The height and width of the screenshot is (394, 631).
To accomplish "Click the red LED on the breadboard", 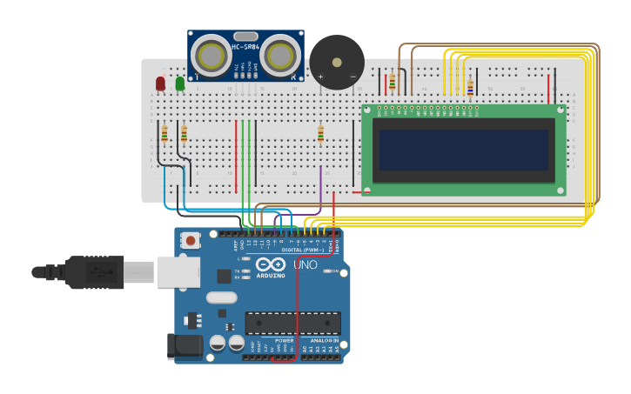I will [160, 83].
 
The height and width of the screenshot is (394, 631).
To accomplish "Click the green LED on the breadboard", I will [180, 83].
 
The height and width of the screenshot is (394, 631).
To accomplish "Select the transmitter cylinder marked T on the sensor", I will [211, 57].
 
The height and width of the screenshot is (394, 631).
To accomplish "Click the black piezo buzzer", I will [337, 62].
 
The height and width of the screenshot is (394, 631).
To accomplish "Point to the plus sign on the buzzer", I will [321, 77].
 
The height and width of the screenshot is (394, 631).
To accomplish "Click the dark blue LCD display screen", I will [463, 150].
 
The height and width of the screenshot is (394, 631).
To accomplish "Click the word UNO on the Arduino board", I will [305, 264].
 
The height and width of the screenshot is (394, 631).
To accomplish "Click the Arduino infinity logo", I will [271, 264].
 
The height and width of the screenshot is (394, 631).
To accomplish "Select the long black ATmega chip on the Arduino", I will [292, 323].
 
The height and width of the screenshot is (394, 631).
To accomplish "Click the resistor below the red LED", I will [164, 133].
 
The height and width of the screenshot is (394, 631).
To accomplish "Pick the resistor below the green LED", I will [184, 133].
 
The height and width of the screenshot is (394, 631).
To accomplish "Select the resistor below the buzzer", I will [320, 133].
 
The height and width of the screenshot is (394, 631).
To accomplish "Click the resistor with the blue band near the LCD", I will [470, 86].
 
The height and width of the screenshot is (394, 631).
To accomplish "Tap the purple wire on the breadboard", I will [320, 187].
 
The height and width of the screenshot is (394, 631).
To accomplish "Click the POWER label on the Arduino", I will [284, 340].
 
